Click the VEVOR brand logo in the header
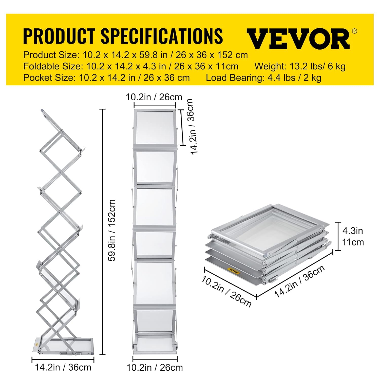tap(298, 39)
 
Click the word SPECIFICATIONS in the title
tap(162, 36)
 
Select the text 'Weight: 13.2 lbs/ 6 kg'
tap(300, 66)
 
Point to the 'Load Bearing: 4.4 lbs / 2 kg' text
tap(263, 78)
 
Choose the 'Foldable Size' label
tap(53, 66)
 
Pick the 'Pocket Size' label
tap(49, 78)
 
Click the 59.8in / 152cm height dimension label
tap(112, 230)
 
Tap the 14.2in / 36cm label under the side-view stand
tap(63, 367)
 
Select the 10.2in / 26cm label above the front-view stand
tap(154, 97)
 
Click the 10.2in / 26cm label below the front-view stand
tap(155, 368)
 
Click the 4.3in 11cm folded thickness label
tap(353, 236)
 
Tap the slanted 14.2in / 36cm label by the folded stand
tap(300, 281)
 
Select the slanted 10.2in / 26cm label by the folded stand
tap(226, 291)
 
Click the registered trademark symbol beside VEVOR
tap(355, 31)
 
